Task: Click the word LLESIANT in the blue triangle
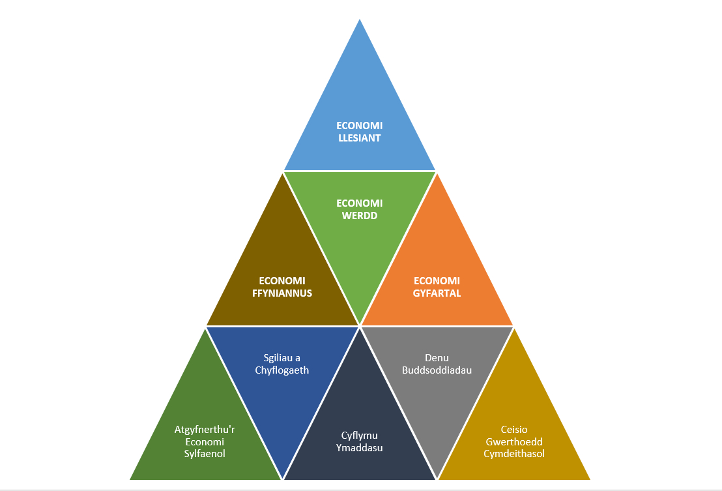pos(360,138)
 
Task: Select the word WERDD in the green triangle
pos(360,216)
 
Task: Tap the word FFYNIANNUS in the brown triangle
pos(282,293)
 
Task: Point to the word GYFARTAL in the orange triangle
pos(437,293)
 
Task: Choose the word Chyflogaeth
pos(282,370)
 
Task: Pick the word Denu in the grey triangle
pos(437,358)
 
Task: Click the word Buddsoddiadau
pos(437,370)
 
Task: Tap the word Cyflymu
pos(360,436)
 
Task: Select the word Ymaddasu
pos(360,448)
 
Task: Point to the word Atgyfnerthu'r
pos(205,430)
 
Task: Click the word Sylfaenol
pos(205,454)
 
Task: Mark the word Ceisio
pos(514,430)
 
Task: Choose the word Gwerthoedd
pos(514,442)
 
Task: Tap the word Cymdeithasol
pos(514,454)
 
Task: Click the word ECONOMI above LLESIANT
pos(360,126)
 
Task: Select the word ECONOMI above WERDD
pos(360,203)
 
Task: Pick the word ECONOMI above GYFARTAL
pos(437,281)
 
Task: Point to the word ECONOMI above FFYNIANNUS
pos(282,281)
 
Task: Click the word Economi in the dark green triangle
pos(205,442)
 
